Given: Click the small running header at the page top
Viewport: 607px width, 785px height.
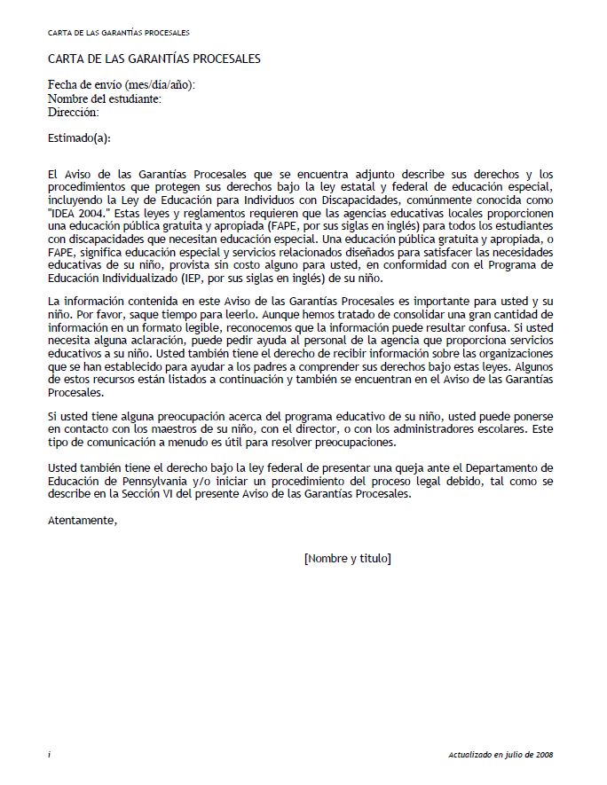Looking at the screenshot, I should pos(119,32).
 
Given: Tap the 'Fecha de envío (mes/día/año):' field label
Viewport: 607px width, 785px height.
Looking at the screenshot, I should pos(122,85).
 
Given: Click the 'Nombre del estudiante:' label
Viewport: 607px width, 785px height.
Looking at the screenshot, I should pos(105,98).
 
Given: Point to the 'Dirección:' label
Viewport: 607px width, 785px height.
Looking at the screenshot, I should pos(74,112).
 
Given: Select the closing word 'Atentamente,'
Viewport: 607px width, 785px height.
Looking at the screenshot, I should pos(83,521).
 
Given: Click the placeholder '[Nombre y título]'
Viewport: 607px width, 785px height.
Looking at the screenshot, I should pos(347,558).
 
